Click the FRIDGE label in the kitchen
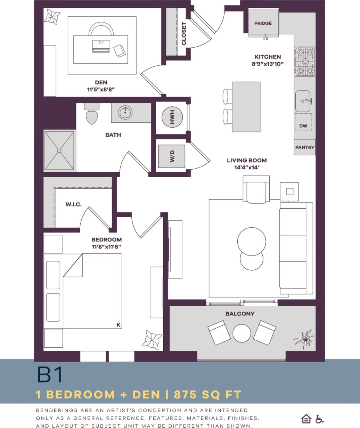coord(263,23)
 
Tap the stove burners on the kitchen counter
coord(305,62)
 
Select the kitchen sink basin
coord(303,101)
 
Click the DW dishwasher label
coord(303,126)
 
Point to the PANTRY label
coord(304,147)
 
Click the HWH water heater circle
coord(172,118)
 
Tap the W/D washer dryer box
coord(172,156)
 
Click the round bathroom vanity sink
coord(125,112)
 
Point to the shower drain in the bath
coord(59,151)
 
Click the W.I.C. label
coord(73,204)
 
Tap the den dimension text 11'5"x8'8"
coord(101,89)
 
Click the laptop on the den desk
coord(101,46)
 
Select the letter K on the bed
coord(118,325)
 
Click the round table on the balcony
coord(242,333)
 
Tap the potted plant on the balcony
coord(303,339)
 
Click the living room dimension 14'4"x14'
coord(247,167)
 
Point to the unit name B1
coord(49,375)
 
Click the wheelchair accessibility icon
coord(319,419)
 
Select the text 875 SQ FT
coord(207,395)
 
